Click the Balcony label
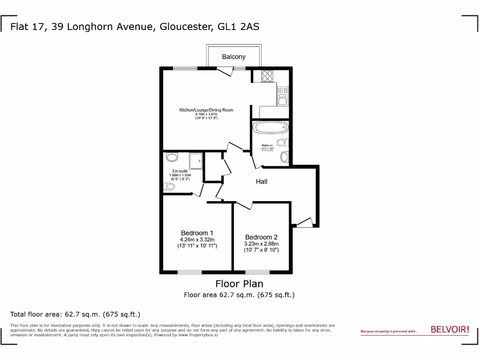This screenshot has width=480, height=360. click(x=233, y=57)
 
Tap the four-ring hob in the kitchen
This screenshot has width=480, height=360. click(x=267, y=76)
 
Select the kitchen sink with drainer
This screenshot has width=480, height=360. click(x=282, y=96)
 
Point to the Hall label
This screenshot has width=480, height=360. click(x=262, y=181)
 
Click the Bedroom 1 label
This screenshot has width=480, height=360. click(x=197, y=233)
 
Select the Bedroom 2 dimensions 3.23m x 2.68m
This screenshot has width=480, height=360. click(x=262, y=244)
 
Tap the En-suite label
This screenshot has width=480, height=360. click(x=180, y=171)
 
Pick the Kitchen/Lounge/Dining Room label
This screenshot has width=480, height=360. click(x=206, y=110)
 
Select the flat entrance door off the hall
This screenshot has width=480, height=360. click(x=304, y=223)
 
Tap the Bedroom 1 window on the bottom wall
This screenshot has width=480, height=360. click(x=189, y=271)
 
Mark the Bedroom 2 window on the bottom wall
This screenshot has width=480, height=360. click(x=257, y=271)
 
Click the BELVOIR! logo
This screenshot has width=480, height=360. click(x=450, y=330)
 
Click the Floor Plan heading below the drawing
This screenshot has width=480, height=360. click(x=239, y=284)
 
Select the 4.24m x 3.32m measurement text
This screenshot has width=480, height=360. click(x=197, y=240)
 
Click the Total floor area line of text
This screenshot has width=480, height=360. click(x=75, y=314)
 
